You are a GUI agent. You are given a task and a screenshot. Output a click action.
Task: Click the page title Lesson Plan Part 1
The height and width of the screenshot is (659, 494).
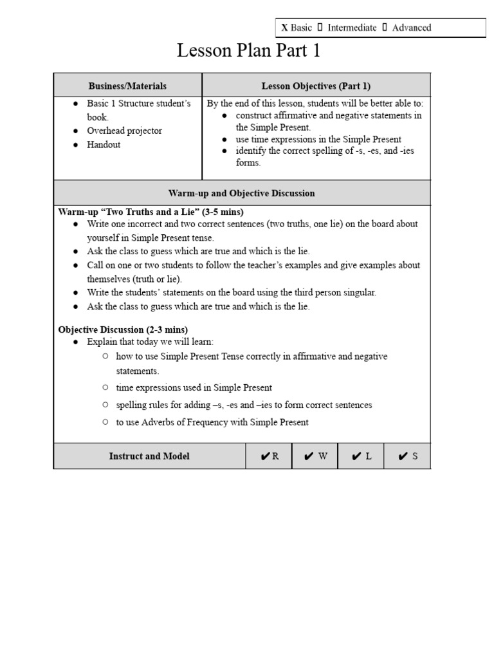(x=248, y=51)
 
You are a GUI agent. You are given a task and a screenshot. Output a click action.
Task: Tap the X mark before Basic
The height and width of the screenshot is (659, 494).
(x=284, y=28)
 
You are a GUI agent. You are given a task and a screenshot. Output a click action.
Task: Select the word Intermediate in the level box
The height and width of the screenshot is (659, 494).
(x=352, y=28)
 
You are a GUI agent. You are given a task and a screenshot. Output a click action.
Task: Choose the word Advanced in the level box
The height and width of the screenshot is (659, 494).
(x=411, y=28)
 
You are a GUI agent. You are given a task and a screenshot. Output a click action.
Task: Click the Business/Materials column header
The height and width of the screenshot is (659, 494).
(x=127, y=86)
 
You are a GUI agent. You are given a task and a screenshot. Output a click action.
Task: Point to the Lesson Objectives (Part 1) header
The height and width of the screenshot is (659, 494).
(x=316, y=86)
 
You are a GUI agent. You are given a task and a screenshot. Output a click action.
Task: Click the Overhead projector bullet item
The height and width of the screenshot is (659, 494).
(x=124, y=131)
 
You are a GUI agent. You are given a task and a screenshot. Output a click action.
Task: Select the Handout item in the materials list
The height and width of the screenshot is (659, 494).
(x=104, y=145)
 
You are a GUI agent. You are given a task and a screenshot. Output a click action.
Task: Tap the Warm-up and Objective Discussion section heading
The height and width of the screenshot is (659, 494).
(x=242, y=193)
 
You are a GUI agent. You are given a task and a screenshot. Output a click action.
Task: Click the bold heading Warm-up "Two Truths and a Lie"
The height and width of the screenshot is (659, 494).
(x=151, y=212)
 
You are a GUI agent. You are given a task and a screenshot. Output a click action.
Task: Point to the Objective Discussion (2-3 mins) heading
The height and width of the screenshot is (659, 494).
(x=123, y=329)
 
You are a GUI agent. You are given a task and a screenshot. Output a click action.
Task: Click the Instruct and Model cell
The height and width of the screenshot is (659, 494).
(x=149, y=456)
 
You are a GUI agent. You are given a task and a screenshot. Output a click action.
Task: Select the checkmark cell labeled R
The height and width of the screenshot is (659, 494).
(x=270, y=456)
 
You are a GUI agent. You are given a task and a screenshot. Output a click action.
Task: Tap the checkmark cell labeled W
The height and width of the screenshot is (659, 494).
(x=315, y=456)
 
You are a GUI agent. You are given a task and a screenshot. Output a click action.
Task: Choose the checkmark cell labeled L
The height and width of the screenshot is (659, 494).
(x=361, y=456)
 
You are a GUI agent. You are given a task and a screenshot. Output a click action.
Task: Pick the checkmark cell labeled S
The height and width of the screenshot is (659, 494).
(x=407, y=456)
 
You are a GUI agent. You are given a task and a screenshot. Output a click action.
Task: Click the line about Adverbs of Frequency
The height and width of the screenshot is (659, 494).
(x=212, y=422)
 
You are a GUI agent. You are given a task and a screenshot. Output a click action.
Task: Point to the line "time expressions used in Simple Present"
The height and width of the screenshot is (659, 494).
(x=194, y=387)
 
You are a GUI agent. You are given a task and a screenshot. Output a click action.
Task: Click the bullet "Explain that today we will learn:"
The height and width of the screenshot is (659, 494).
(x=150, y=341)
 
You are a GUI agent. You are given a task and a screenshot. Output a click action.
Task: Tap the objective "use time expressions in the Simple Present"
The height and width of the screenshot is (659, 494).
(x=318, y=139)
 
